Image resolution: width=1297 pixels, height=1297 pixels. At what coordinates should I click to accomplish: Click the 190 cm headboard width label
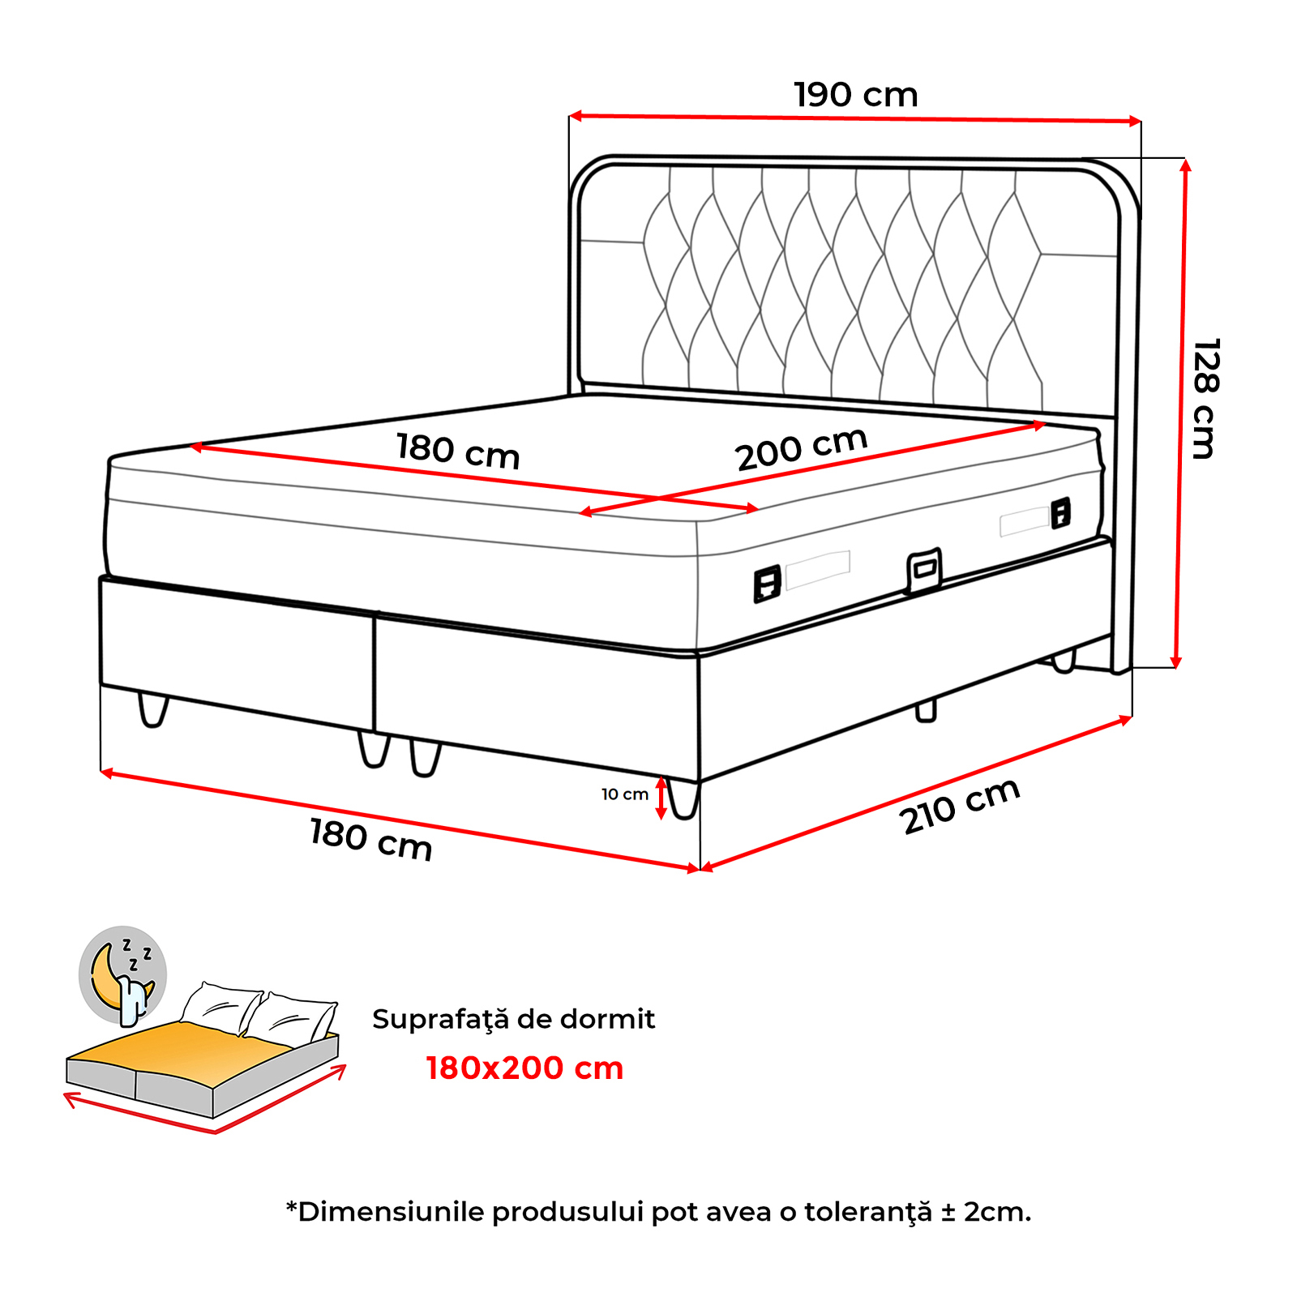coord(856,95)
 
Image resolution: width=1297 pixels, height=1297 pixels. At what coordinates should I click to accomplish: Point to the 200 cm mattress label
coord(802,449)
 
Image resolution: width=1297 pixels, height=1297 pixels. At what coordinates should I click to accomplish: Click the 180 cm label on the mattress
coord(458,451)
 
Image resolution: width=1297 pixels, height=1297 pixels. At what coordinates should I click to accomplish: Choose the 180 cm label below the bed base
coord(371,839)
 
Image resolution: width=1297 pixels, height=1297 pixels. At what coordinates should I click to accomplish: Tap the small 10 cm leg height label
coord(625,794)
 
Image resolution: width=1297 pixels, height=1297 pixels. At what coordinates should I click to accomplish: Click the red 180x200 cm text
coord(524,1068)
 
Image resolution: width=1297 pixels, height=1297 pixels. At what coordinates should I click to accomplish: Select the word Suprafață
coord(440,1020)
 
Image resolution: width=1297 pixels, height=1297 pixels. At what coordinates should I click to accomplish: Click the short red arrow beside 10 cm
coord(661,798)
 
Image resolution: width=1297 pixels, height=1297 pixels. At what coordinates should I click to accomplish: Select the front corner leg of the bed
coord(683,798)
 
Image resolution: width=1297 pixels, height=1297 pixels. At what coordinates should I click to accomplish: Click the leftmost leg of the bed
coord(152,709)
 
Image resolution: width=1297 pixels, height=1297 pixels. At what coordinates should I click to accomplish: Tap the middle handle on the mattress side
coord(924,571)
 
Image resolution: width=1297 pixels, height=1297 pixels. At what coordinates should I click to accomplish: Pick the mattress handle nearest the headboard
coord(1060,513)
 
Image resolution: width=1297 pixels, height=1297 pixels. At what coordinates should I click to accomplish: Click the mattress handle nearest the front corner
coord(767,584)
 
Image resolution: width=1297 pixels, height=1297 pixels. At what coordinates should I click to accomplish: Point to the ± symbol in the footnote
coord(948,1213)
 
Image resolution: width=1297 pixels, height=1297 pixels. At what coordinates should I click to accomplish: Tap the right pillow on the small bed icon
coord(292,1016)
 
